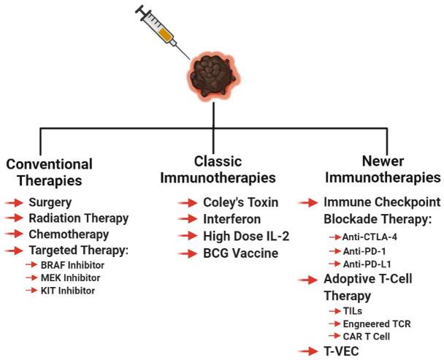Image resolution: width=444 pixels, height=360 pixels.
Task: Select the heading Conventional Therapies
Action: click(x=49, y=172)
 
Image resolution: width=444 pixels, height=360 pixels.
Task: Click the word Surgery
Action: click(x=50, y=202)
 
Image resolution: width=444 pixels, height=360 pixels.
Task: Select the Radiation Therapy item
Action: click(x=79, y=218)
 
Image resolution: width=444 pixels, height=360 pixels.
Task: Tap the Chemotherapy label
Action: click(x=69, y=234)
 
